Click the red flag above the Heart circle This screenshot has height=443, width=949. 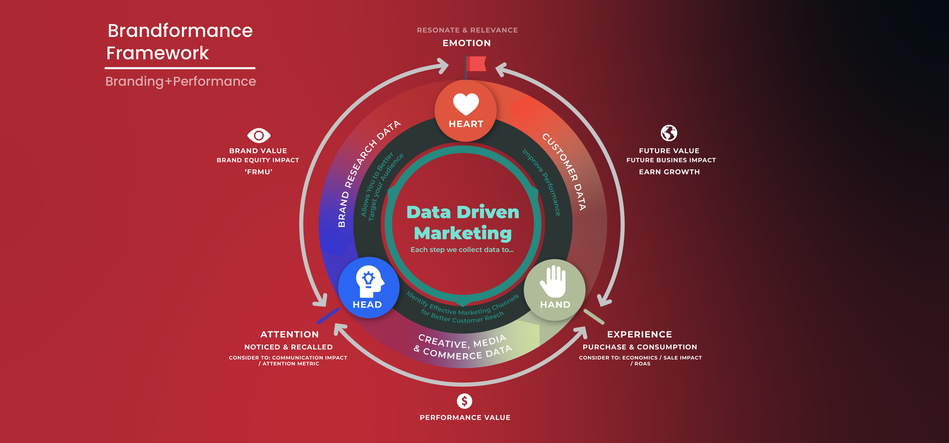[x=476, y=64]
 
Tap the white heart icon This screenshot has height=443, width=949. [x=466, y=104]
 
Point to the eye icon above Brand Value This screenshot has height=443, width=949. [x=259, y=135]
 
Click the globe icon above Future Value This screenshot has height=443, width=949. [x=669, y=133]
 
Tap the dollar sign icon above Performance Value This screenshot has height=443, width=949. [x=464, y=401]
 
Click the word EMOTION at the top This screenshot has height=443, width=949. [x=467, y=43]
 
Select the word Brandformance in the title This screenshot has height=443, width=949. [x=180, y=31]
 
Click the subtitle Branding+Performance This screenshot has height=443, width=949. [x=181, y=81]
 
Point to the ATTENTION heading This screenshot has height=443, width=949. [x=289, y=334]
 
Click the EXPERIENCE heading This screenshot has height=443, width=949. [x=639, y=334]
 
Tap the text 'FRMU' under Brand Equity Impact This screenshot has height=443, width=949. [x=259, y=172]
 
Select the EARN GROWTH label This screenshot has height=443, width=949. [x=669, y=172]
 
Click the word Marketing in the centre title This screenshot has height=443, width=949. [x=463, y=233]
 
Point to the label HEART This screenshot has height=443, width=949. [x=466, y=124]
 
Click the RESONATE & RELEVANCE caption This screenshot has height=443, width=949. [x=467, y=30]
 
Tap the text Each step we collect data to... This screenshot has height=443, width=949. [x=462, y=250]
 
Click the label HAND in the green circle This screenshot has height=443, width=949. [x=555, y=305]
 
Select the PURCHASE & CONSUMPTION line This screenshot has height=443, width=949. [x=640, y=347]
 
